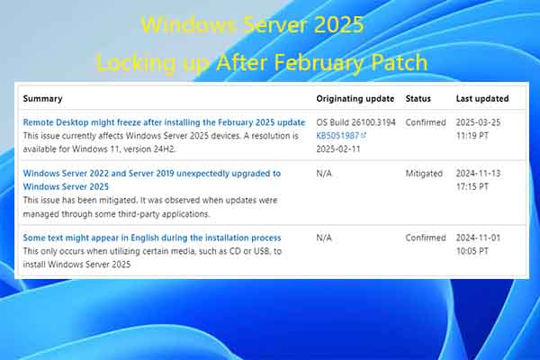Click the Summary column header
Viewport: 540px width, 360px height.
[42, 99]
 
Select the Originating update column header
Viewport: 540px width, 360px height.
[355, 99]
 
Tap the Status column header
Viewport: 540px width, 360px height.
[418, 99]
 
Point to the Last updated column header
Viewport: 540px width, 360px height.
[482, 99]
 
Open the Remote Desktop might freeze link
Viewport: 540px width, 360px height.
[164, 122]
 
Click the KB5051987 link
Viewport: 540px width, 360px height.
[337, 136]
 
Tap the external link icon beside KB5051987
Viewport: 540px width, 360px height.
[364, 135]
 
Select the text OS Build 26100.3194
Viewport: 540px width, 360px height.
[355, 122]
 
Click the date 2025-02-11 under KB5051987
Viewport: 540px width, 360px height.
[338, 149]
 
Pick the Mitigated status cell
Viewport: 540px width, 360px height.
[424, 174]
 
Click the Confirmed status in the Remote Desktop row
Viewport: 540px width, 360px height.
[426, 122]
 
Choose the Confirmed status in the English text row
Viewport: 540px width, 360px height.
[426, 238]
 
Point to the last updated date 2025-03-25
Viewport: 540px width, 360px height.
[479, 122]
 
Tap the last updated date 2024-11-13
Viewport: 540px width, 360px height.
[479, 174]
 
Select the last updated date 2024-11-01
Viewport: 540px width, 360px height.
[479, 238]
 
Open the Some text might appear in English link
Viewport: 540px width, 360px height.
[152, 238]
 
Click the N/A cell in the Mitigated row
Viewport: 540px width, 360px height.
[324, 174]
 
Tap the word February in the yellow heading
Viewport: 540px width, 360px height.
[317, 63]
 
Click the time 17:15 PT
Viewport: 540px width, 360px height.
[472, 186]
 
